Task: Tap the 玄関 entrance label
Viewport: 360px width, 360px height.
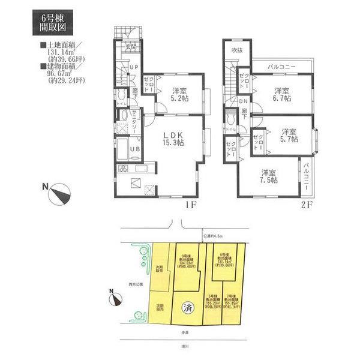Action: point(131,47)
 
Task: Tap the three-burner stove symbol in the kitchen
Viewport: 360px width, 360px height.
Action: point(124,167)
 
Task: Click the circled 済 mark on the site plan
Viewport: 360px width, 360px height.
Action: point(187,310)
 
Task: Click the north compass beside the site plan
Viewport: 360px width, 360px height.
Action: point(115,296)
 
